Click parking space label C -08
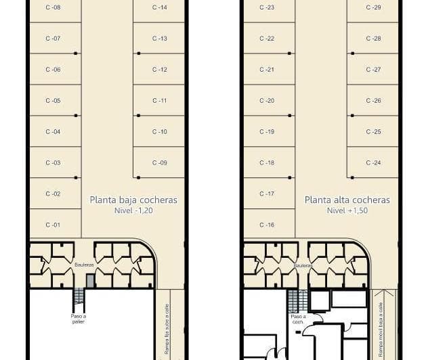53,7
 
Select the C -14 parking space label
160,7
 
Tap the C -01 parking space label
53,225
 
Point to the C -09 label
160,162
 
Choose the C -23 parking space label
267,7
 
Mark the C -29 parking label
373,7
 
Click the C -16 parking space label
267,225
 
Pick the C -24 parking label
373,162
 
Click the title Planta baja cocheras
133,200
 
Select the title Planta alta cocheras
347,200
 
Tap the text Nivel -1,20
133,210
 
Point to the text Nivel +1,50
347,210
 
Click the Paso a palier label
79,318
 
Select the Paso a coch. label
297,319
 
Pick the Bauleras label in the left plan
84,265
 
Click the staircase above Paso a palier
79,296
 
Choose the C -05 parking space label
53,101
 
